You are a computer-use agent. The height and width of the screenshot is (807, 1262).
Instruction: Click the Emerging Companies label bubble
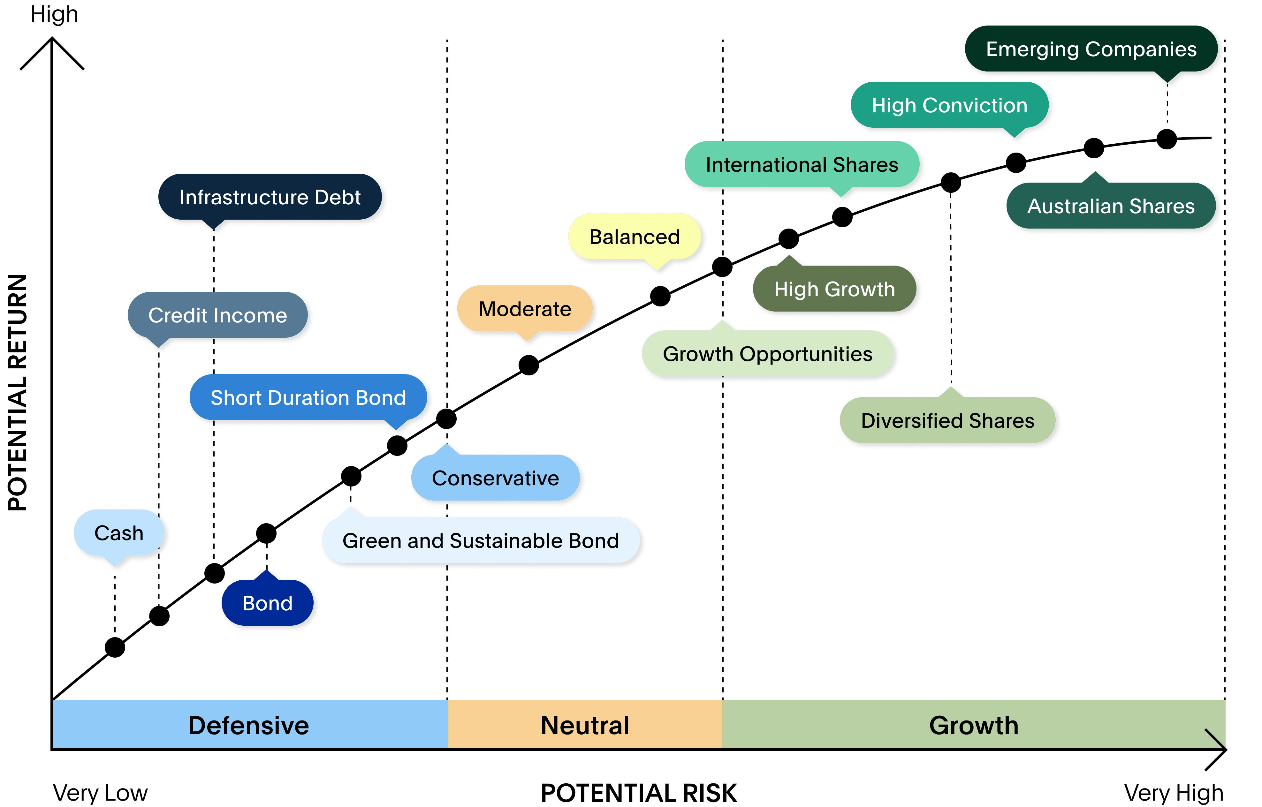coord(1091,49)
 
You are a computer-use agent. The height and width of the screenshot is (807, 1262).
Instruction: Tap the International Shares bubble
coord(802,164)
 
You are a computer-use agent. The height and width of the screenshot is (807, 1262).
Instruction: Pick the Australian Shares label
coord(1111,205)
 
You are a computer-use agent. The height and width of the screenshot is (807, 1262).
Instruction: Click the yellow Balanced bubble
coord(635,237)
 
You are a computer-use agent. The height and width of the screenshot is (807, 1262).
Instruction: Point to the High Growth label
coord(835,288)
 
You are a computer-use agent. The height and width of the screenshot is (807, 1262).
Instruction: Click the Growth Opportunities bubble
coord(768,354)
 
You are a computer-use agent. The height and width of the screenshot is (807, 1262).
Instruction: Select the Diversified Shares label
coord(947,420)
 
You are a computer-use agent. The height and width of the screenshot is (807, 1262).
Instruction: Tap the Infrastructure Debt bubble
coord(270,197)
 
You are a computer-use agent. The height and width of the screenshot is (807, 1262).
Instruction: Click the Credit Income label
coord(217,315)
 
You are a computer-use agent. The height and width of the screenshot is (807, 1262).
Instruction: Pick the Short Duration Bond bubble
coord(308,397)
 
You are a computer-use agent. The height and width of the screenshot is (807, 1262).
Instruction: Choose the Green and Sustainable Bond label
coord(481,540)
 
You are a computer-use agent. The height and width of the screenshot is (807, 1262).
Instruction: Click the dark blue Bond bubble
coord(267,603)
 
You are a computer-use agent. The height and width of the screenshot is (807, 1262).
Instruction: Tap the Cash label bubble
coord(119,533)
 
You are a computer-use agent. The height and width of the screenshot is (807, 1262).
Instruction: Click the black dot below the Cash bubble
coord(115,647)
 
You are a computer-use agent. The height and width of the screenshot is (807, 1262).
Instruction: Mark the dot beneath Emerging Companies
coord(1167,139)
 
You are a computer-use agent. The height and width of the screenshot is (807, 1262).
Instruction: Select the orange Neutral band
coord(585,724)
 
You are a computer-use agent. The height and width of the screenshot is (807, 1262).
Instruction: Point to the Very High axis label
coord(1174,793)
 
